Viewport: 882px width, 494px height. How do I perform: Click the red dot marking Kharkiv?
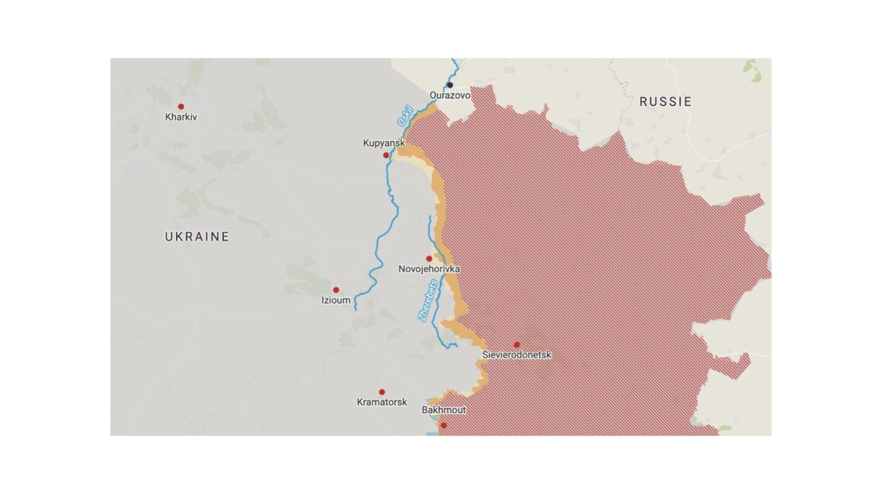point(181,107)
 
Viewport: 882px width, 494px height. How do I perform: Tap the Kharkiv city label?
point(181,117)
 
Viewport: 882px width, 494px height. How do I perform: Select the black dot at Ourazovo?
point(450,85)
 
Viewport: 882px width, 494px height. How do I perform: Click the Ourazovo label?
point(450,95)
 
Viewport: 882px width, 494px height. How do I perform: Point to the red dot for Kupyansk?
point(386,155)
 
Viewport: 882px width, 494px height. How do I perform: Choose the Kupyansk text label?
point(384,143)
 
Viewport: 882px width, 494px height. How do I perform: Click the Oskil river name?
point(405,116)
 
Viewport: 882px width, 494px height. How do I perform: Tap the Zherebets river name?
point(428,300)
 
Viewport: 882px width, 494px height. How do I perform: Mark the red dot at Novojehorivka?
point(429,259)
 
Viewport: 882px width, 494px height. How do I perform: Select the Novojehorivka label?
point(429,269)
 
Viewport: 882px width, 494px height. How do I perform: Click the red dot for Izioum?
point(336,290)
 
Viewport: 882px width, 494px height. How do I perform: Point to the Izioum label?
point(336,300)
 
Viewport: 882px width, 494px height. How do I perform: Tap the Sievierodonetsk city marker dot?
point(517,345)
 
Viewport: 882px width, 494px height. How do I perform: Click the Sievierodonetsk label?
point(517,355)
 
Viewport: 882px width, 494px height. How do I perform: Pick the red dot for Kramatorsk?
point(382,392)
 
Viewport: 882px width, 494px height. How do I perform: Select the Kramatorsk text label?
point(382,402)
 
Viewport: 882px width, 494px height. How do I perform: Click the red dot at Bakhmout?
point(444,425)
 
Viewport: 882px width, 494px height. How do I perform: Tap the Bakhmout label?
point(444,410)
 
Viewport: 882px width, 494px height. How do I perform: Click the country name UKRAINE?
point(197,237)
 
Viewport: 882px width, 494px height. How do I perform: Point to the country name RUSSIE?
point(665,102)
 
